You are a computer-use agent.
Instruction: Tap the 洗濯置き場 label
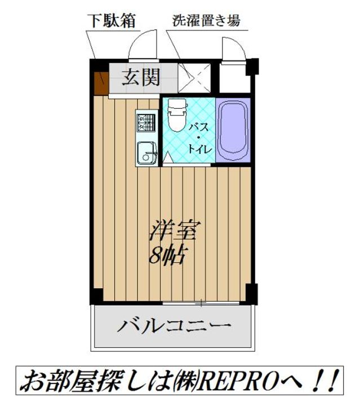[x=206, y=20]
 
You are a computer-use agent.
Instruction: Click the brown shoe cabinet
[x=100, y=82]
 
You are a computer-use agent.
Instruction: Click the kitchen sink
[x=146, y=152]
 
